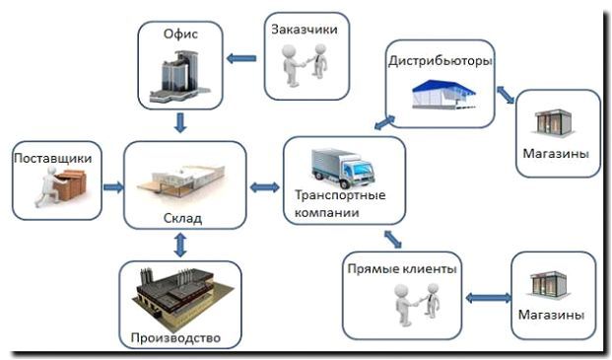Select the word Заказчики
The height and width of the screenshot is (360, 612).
(x=306, y=30)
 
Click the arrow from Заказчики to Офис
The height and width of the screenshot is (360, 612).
(x=240, y=59)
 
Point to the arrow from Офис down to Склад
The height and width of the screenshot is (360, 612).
(x=180, y=123)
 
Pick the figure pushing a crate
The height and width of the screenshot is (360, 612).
(x=62, y=186)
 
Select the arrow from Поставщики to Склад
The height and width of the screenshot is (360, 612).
(x=112, y=186)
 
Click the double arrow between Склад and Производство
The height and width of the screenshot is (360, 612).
(x=180, y=246)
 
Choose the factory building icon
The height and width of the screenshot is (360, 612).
(x=180, y=294)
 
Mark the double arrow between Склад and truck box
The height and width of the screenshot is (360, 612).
(x=264, y=186)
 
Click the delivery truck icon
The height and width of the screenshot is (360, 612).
(x=342, y=168)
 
